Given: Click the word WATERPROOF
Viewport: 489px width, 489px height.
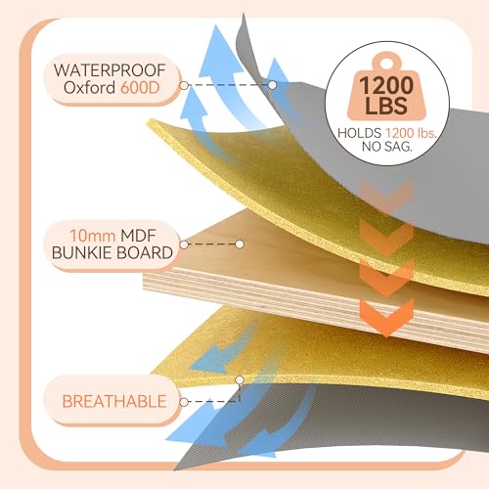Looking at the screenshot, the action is pos(110,70).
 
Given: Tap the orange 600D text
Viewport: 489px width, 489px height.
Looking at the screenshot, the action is pos(140,87).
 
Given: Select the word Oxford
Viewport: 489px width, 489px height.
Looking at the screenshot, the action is pos(89,87).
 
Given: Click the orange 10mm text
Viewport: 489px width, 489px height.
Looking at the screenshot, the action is pos(93,236).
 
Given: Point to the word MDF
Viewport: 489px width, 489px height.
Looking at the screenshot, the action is pos(138,236).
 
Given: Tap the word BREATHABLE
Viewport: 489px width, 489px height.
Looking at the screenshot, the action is pos(114,401).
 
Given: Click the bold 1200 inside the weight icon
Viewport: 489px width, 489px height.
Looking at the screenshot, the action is pos(386,85).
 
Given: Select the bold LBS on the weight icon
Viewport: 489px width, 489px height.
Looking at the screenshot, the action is pos(386,106).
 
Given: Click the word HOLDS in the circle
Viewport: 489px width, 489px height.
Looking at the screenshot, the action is pos(359,133).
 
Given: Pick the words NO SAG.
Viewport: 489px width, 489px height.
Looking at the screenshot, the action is pos(387,147).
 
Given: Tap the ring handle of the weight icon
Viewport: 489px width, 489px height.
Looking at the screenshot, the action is pos(386,62).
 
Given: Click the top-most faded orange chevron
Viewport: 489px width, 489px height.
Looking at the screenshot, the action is pos(387,195).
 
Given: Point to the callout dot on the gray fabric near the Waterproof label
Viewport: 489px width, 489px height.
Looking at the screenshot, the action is pos(272,85).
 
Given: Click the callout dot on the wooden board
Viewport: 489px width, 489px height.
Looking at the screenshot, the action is pos(240,244).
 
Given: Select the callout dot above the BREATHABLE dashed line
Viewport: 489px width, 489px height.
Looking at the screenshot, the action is pos(240,379).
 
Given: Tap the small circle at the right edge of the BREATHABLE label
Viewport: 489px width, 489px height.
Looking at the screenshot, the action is pos(184,402).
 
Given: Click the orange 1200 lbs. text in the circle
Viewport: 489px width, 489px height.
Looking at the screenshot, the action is pos(411,133).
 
